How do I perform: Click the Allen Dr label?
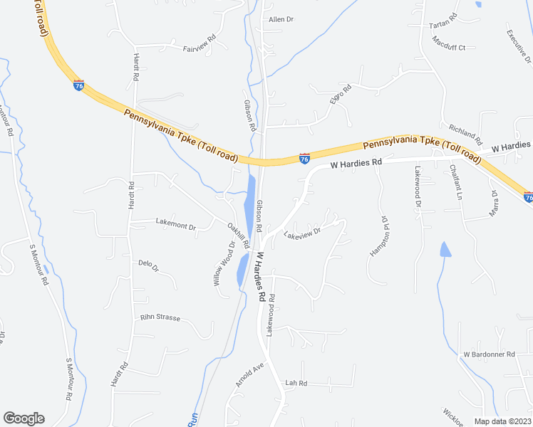coord(281,19)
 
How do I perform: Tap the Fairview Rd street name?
coord(200,44)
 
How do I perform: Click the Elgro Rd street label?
coord(341,96)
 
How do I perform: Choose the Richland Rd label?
coord(465,134)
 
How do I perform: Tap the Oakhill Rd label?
coord(237,235)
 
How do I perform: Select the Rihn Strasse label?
coord(160,317)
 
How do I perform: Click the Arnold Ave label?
coord(249,374)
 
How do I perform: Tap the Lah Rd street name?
coord(295,383)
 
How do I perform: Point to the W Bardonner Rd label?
coord(489,354)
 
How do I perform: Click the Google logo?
coord(24,418)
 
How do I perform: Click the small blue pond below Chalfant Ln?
coord(445,249)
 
